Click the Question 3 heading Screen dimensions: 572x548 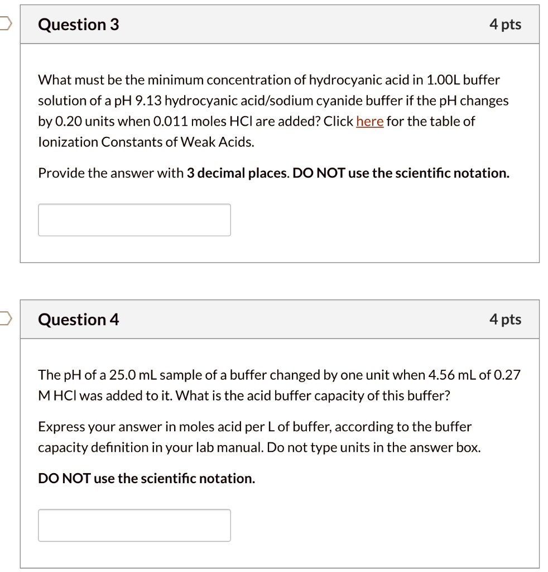[78, 25]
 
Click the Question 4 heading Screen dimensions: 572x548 [78, 320]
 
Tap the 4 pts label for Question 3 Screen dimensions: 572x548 [505, 25]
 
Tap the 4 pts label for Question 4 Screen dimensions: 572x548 [505, 320]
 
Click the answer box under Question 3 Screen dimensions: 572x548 [134, 220]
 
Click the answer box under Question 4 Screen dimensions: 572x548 [134, 525]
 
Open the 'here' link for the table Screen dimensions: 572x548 [369, 121]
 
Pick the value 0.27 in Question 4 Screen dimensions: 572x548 [507, 375]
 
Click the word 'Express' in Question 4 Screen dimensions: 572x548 [57, 427]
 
